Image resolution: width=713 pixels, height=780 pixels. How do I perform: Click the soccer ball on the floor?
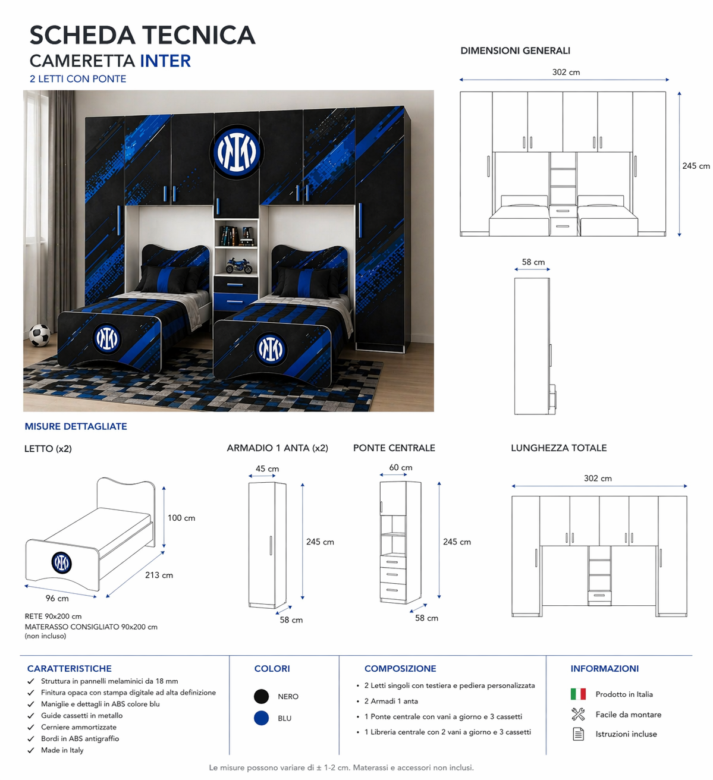[39, 335]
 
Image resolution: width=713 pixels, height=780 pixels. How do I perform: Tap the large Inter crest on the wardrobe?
[237, 152]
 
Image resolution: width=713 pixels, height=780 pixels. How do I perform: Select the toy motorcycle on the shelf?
[239, 265]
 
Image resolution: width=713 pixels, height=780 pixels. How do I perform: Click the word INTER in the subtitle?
[165, 61]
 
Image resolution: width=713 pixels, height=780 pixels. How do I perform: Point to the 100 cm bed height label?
[181, 518]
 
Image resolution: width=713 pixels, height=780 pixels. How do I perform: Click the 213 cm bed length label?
[159, 575]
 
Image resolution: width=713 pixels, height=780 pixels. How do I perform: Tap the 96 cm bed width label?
[57, 599]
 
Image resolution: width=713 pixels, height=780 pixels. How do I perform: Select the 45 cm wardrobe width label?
[267, 469]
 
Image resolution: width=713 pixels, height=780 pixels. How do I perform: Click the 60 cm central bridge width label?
[401, 467]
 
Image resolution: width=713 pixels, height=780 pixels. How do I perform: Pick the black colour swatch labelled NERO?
[262, 696]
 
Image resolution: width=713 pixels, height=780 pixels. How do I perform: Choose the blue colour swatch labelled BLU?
[262, 718]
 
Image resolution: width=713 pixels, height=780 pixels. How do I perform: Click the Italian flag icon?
[578, 694]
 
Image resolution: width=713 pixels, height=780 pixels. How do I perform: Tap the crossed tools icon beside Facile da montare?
[578, 714]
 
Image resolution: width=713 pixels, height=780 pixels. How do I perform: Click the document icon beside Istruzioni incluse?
[579, 734]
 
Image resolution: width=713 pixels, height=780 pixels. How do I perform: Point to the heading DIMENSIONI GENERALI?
[515, 51]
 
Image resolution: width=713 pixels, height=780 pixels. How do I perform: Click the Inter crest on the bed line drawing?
[61, 562]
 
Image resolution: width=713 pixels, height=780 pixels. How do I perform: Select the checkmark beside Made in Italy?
[31, 750]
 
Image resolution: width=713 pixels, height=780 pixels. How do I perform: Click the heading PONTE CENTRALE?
[394, 448]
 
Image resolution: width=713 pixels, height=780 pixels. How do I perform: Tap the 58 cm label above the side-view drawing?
[533, 262]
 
